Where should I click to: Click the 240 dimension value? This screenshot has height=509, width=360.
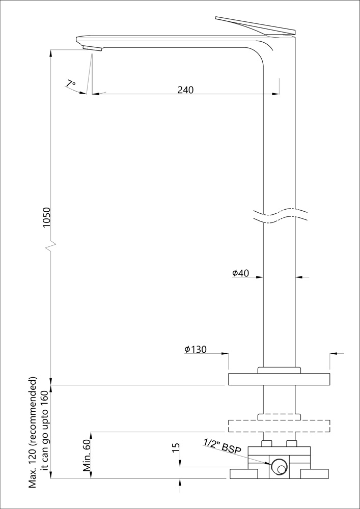click(x=185, y=90)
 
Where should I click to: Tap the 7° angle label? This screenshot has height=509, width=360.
click(x=71, y=83)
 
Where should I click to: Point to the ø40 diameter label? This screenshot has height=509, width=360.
click(x=240, y=273)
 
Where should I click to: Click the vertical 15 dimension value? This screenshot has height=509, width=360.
click(x=176, y=448)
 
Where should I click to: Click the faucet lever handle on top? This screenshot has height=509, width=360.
click(x=255, y=25)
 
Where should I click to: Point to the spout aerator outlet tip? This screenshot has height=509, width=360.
click(x=92, y=48)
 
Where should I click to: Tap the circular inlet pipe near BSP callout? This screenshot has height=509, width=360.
click(x=279, y=467)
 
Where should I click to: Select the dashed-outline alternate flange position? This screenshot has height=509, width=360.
click(x=279, y=426)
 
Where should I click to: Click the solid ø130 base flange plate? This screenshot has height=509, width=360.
click(x=279, y=380)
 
